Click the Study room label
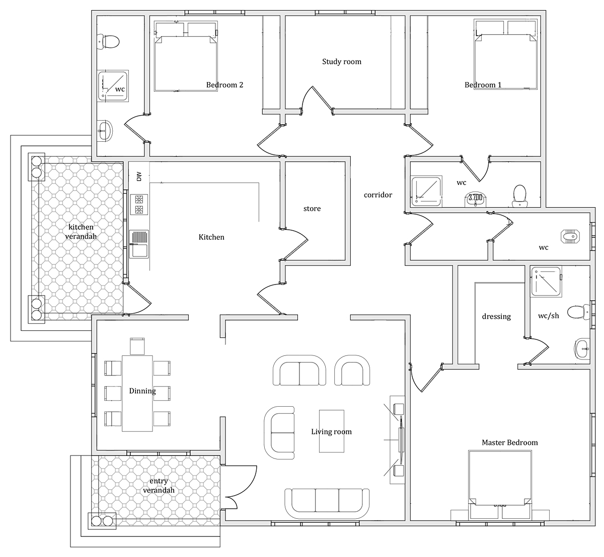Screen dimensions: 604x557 342,62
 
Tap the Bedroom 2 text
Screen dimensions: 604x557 224,85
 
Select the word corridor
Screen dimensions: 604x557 377,195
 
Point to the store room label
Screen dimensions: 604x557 312,209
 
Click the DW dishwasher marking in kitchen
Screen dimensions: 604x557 139,176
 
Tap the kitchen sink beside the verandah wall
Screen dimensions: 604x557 139,244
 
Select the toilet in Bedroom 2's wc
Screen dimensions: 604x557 108,42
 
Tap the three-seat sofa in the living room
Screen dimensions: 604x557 327,503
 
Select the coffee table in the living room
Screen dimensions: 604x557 332,431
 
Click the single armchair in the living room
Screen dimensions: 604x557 352,370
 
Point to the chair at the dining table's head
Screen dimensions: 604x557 137,346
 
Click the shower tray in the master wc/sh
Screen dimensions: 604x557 546,282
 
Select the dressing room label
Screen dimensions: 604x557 496,317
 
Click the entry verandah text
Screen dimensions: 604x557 159,486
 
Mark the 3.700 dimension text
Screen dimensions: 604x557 475,197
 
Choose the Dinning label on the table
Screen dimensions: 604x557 142,391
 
